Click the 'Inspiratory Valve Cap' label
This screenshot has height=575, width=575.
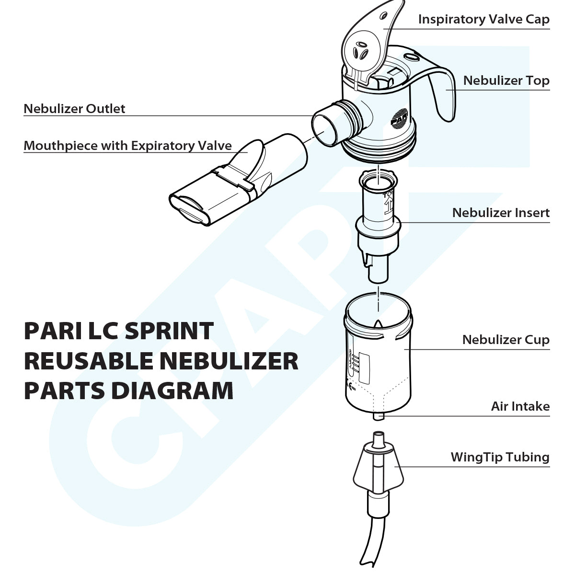coord(483,19)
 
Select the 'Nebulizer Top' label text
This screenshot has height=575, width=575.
coord(506,80)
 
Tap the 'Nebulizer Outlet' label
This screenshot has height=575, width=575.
coord(74,109)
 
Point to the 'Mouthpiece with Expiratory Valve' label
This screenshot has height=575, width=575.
coord(127,146)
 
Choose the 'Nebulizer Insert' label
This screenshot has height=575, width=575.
coord(501,212)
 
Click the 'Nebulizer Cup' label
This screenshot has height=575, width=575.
coord(506,340)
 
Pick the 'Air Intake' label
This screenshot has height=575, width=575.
coord(520,406)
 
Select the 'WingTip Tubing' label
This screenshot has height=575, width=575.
coord(500,457)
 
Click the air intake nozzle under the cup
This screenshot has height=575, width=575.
coord(379,416)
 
